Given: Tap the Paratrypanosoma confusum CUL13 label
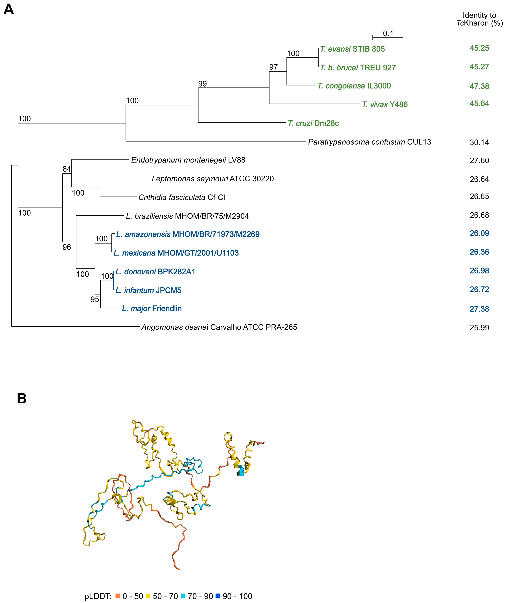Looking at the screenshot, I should [x=369, y=142].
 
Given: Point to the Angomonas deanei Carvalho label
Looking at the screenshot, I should [x=219, y=327].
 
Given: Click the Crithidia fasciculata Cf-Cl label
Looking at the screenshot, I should [x=181, y=197].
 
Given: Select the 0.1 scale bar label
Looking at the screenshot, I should [x=388, y=34].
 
